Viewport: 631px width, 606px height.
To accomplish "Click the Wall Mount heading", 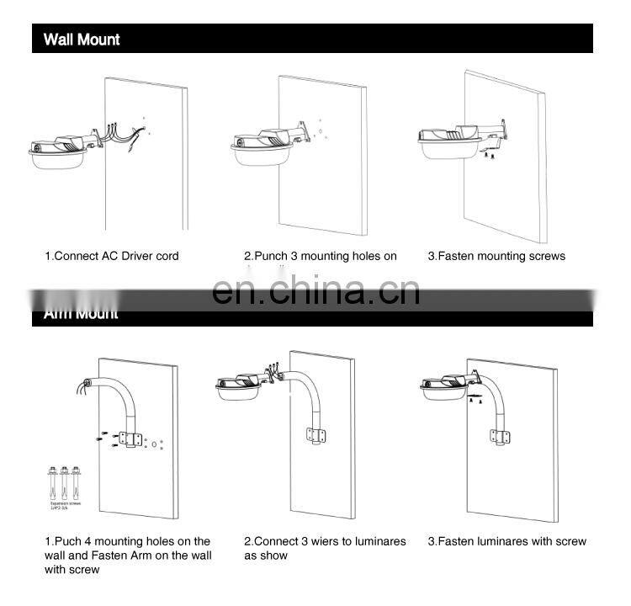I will pos(82,40).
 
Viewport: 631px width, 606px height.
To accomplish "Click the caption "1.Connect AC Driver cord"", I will pos(111,256).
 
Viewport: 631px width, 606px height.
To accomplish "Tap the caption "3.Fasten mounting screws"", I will pos(496,256).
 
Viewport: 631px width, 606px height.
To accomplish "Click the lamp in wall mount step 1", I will pos(57,151).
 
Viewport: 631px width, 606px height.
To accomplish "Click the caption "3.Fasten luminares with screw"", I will pos(506,541).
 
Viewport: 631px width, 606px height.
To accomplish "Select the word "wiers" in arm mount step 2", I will pos(338,541).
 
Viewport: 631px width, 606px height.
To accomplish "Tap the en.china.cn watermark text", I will pos(315,290).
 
